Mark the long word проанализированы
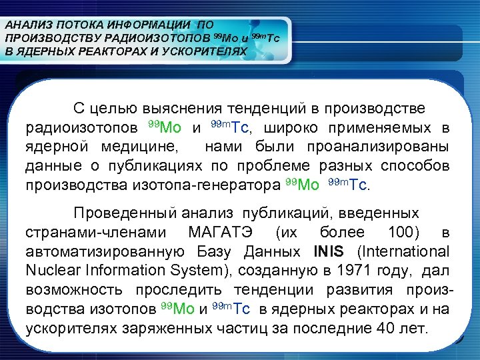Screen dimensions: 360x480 (377, 146)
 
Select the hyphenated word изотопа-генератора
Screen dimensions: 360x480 (217, 184)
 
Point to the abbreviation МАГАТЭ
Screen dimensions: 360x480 (217, 233)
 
